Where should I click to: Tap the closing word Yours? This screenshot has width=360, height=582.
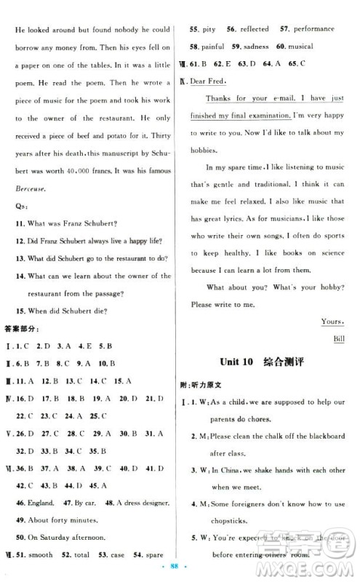[x=332, y=321]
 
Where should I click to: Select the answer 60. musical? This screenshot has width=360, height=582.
[x=299, y=47]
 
